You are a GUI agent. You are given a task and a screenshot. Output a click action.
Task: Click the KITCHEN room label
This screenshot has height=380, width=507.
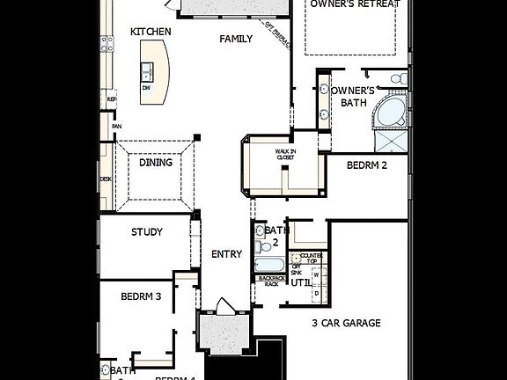(151, 32)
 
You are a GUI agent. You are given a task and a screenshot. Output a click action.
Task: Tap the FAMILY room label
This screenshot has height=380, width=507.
(237, 40)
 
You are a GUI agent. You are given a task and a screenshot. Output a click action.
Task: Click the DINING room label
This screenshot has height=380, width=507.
(155, 162)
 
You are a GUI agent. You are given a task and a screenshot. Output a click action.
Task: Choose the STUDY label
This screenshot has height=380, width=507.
(147, 232)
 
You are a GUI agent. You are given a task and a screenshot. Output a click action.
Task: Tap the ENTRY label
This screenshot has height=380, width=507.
(226, 254)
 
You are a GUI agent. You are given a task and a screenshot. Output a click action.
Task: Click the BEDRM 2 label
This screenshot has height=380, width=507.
(367, 164)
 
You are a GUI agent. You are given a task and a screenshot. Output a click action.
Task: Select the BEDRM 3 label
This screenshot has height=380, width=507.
(141, 296)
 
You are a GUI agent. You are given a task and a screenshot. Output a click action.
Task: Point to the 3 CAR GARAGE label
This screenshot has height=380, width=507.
(346, 323)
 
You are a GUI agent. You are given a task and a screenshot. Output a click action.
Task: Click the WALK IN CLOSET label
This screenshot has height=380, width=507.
(284, 155)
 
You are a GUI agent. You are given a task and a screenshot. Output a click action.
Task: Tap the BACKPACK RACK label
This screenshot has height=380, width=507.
(269, 281)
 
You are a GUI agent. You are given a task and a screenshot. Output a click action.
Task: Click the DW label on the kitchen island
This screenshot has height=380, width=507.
(147, 89)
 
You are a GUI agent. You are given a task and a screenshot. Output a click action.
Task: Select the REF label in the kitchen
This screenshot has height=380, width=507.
(112, 99)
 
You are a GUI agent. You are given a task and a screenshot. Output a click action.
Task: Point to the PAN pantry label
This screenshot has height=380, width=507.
(116, 127)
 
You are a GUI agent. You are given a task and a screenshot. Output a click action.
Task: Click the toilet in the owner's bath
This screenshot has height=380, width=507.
(399, 80)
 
